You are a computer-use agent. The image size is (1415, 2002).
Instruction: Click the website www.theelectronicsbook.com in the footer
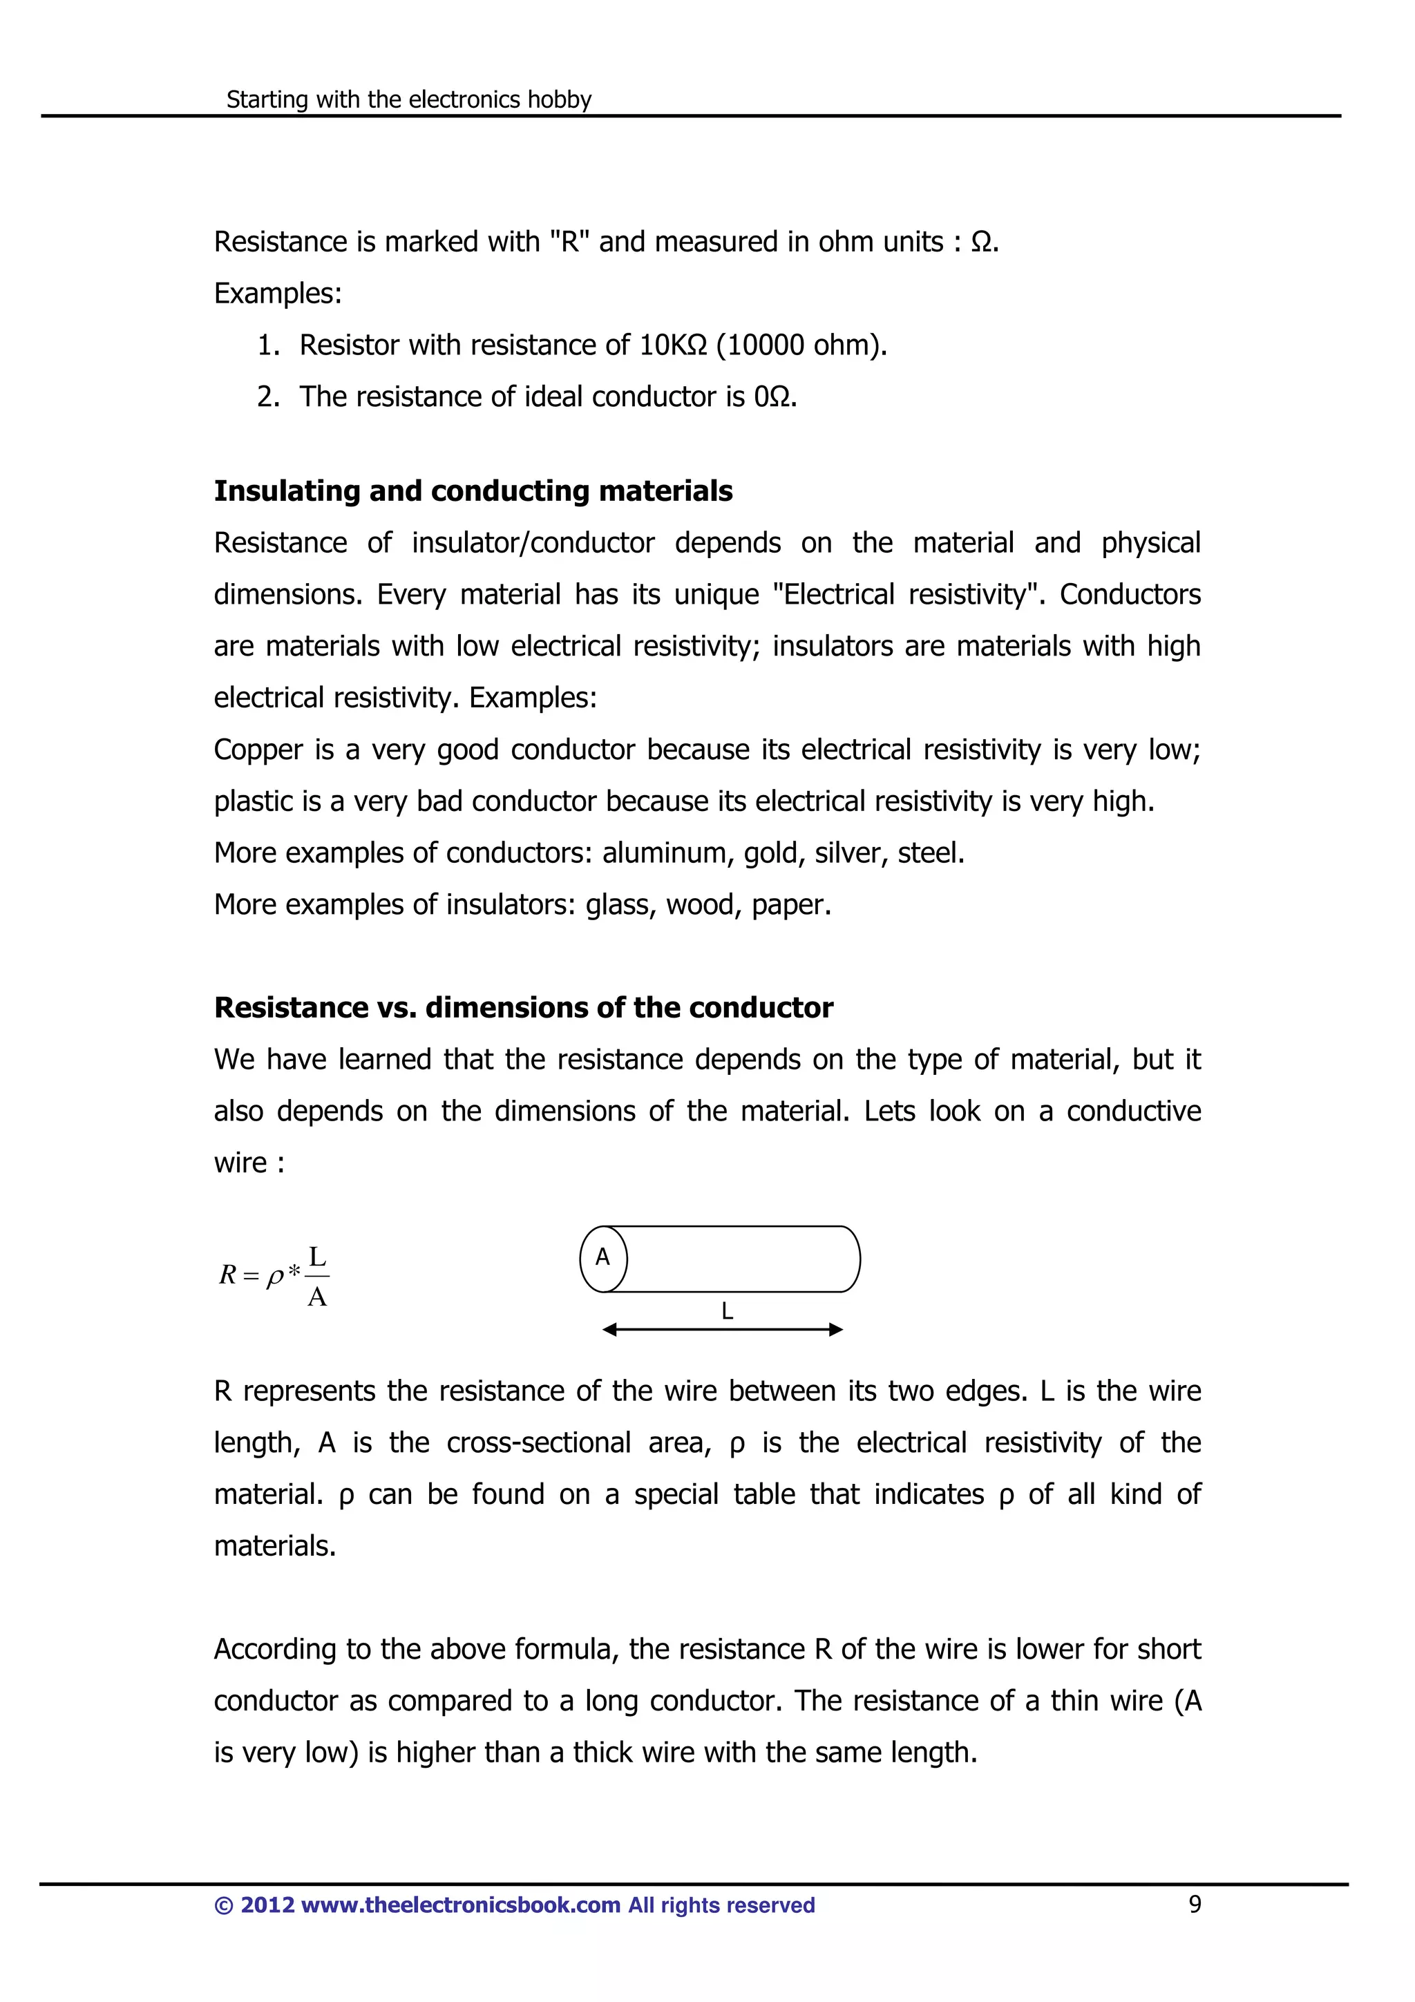[x=460, y=1905]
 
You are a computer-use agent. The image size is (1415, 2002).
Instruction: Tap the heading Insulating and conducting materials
[x=473, y=491]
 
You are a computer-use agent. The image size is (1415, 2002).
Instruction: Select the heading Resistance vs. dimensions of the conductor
[x=523, y=1007]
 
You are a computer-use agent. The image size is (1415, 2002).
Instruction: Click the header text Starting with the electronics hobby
[x=408, y=99]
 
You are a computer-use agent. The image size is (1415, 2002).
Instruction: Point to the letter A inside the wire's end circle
[x=602, y=1257]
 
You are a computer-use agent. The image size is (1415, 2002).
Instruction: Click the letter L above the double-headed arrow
[x=726, y=1310]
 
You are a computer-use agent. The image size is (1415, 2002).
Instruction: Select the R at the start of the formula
[x=227, y=1275]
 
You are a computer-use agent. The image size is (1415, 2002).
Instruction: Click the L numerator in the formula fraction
[x=317, y=1257]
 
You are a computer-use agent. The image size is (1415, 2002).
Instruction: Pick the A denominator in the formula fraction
[x=317, y=1297]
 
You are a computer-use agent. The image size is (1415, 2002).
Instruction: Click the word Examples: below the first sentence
[x=277, y=293]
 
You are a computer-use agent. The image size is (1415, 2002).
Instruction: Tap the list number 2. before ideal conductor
[x=267, y=397]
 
